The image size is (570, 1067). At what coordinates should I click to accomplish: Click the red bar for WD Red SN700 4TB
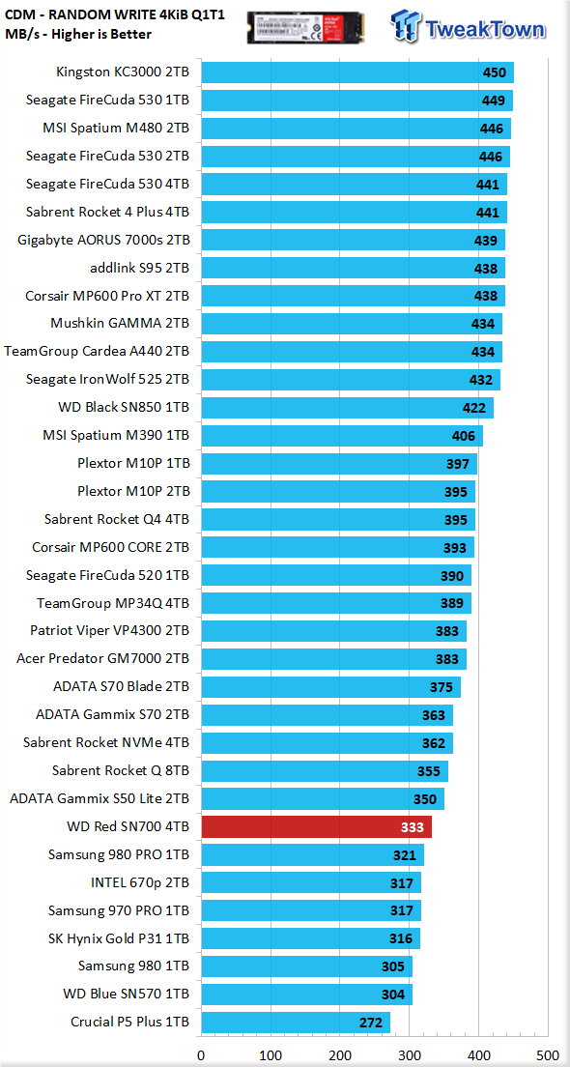click(x=316, y=826)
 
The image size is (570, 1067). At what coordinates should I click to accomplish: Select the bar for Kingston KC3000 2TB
click(x=357, y=72)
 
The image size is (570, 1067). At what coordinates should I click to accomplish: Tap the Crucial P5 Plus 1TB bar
click(x=296, y=1023)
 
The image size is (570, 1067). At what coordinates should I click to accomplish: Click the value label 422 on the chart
click(x=474, y=408)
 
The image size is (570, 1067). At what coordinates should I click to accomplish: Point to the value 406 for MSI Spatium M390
click(x=464, y=436)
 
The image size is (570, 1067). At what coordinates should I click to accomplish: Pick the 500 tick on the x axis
click(x=548, y=1055)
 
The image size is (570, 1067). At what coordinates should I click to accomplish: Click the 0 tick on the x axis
click(x=201, y=1055)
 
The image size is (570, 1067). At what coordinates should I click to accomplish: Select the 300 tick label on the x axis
click(x=409, y=1055)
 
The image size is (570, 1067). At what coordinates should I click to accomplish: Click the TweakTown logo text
click(x=485, y=29)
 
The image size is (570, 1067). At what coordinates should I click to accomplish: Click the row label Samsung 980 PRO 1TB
click(x=119, y=854)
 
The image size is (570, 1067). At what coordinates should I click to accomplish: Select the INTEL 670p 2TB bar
click(x=311, y=882)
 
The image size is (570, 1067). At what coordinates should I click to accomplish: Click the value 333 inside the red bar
click(x=413, y=827)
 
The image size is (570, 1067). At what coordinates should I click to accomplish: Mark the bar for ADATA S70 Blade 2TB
click(x=330, y=687)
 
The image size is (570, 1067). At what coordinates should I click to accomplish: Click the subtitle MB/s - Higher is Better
click(x=78, y=33)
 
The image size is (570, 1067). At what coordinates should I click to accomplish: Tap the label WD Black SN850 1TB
click(x=124, y=408)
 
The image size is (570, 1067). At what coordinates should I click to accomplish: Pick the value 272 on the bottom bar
click(x=371, y=1023)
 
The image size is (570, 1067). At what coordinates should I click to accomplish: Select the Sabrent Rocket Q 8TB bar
click(x=325, y=771)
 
